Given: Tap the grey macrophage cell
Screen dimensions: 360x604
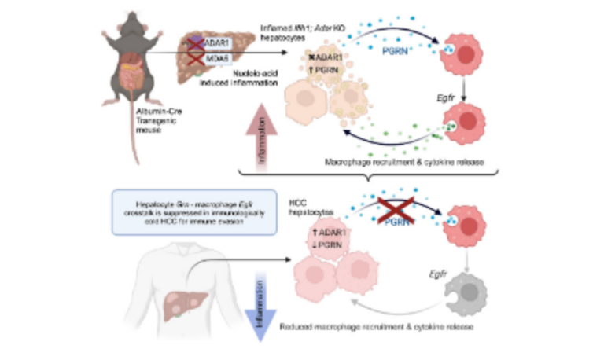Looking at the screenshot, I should coord(458,294).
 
